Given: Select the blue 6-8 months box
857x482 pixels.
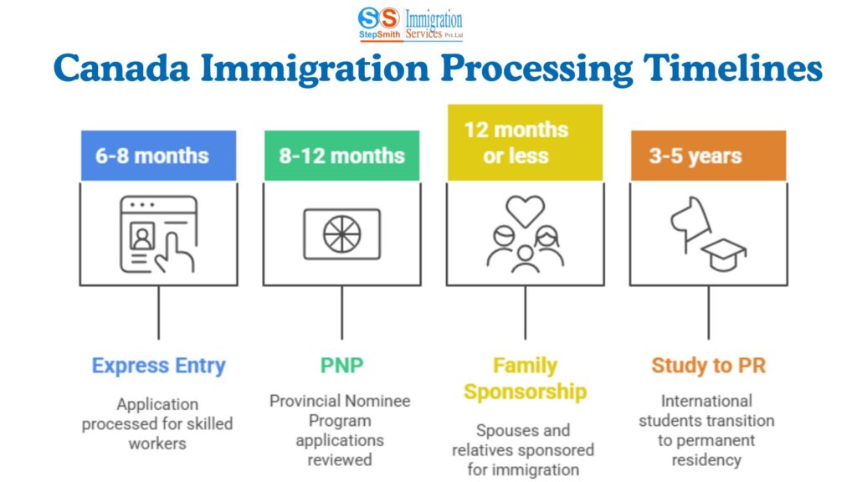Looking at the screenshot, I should point(158,155).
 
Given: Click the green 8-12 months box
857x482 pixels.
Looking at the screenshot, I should point(341,155).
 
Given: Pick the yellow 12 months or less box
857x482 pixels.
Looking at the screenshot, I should point(525,142).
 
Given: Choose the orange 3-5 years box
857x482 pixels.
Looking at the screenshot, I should point(708,155).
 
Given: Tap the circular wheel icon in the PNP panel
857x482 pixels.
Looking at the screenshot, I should point(341,233).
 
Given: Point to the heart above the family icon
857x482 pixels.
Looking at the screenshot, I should point(526,210).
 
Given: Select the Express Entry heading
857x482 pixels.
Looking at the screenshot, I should point(158,366).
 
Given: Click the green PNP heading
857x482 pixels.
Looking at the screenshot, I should point(341,366).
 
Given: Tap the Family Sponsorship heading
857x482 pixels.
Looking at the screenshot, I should point(525,378).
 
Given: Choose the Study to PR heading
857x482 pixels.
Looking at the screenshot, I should point(708,366).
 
